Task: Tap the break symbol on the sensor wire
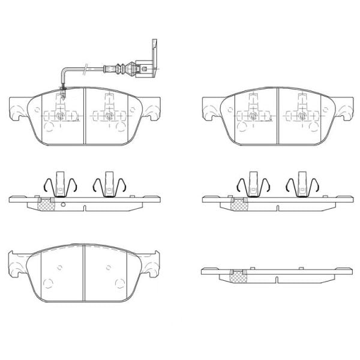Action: point(88,67)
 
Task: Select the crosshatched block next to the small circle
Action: point(46,204)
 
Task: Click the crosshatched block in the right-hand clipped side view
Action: point(239,204)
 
